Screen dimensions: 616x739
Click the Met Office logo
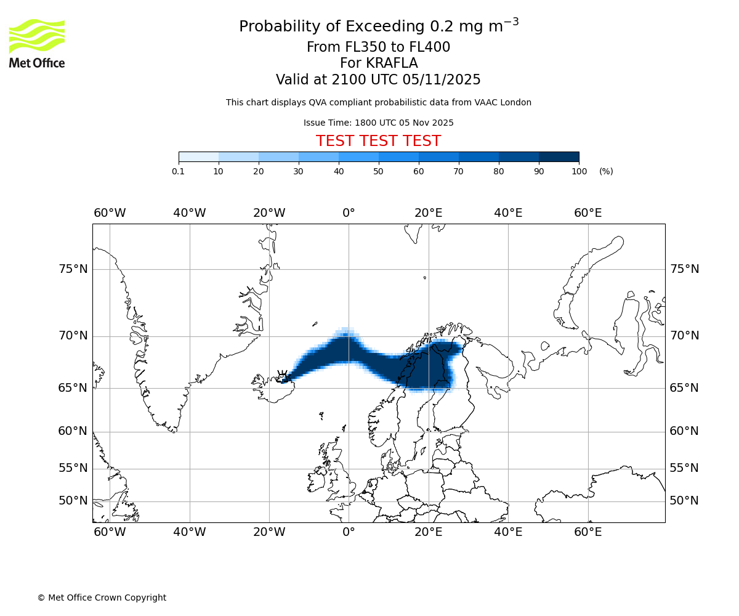37,43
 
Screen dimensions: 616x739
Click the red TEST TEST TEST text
378,142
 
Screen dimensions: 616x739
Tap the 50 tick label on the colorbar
378,171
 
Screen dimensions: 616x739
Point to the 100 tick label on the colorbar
579,171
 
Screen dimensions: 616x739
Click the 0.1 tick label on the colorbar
179,171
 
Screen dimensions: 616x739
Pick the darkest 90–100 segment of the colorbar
559,156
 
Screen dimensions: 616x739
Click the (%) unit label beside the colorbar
606,171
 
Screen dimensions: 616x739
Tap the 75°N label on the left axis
73,269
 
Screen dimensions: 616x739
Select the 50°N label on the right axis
684,501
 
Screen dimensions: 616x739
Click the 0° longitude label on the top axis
349,213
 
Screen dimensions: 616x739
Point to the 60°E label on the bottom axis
588,532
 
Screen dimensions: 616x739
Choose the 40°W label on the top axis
189,213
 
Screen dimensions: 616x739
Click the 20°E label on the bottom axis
429,532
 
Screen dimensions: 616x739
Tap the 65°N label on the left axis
73,388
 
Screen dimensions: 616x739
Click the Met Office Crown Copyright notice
102,598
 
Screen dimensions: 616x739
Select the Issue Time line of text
378,123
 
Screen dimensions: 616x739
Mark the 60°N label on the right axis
684,431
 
